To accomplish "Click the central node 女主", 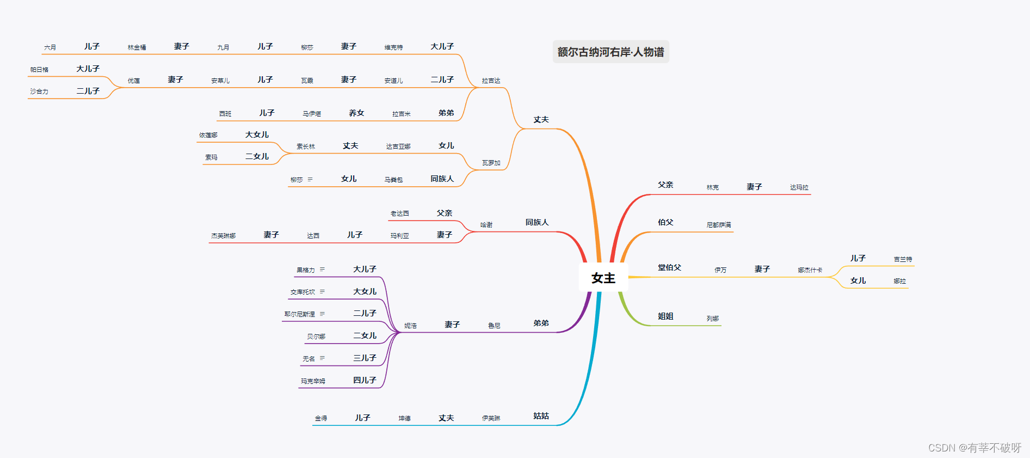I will (x=603, y=278).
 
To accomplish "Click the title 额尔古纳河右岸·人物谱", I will (x=610, y=52).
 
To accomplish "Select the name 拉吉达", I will (x=491, y=81).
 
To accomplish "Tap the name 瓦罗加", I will (x=491, y=163).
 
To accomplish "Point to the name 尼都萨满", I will (x=718, y=225).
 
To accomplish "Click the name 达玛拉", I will (x=799, y=187).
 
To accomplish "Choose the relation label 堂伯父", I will (x=669, y=267).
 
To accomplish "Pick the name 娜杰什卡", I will (x=810, y=270).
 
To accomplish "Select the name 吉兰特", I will (x=903, y=259).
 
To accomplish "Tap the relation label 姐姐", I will (x=665, y=316).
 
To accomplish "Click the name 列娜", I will (x=712, y=319).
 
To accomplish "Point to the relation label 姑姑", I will (x=541, y=416).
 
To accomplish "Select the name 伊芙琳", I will (x=491, y=418).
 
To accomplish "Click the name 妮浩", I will (x=410, y=326).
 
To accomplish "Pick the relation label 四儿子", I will (x=365, y=380).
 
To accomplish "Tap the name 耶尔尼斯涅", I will (x=299, y=314).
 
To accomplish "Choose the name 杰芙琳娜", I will (x=223, y=236).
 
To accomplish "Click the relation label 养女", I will (x=356, y=113).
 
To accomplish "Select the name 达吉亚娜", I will (x=398, y=146).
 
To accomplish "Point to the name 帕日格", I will (x=39, y=70).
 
